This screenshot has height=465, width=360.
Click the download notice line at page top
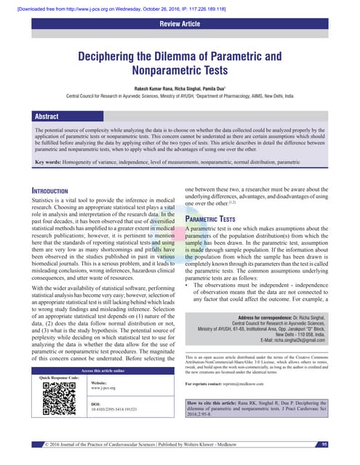[117, 7]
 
